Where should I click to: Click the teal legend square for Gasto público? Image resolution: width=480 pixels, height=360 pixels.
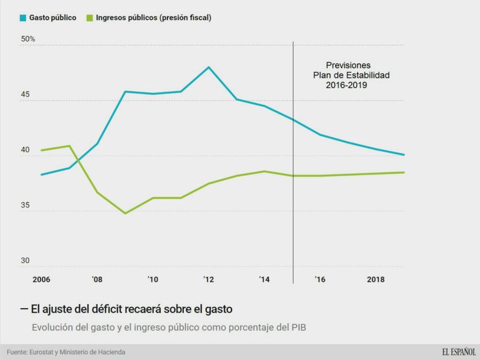click(23, 18)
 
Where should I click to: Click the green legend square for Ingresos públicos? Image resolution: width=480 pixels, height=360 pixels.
click(89, 18)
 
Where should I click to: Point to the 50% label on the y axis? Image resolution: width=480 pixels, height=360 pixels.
click(28, 39)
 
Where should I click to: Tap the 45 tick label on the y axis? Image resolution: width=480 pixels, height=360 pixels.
click(25, 95)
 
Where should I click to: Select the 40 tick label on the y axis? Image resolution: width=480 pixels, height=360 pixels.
click(25, 150)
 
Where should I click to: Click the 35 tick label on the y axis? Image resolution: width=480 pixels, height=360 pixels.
click(25, 205)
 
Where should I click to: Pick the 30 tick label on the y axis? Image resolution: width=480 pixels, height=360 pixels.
click(25, 260)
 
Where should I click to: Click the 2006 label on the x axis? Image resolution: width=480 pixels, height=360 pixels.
click(41, 279)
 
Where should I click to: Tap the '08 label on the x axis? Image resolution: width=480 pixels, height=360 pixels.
click(97, 279)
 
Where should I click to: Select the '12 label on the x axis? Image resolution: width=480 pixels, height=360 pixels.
click(209, 279)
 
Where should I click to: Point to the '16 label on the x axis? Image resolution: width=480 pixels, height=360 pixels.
click(320, 279)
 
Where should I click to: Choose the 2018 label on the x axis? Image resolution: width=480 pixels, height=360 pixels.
click(375, 279)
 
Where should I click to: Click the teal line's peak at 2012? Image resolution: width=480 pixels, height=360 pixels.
click(209, 67)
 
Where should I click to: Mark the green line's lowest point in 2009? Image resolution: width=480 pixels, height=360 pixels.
click(125, 213)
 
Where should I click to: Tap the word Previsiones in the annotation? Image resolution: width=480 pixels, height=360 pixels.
click(348, 65)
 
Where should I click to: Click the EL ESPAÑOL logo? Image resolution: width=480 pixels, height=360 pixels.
click(459, 352)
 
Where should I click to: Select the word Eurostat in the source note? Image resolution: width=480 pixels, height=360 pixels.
click(43, 352)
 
